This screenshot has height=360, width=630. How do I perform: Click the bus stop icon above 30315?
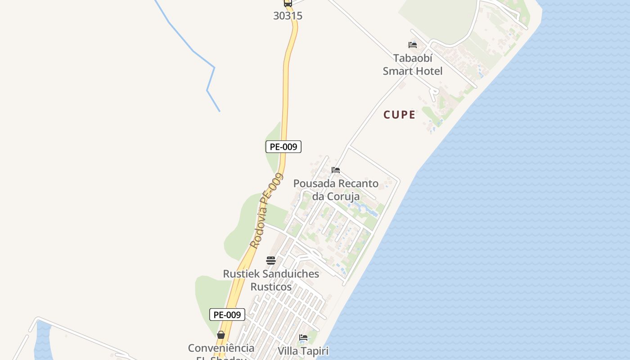point(288,3)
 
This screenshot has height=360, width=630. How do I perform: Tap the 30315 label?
point(288,16)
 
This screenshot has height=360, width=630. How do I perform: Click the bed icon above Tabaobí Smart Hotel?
point(412,45)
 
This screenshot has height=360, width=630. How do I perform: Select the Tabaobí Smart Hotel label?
point(413,64)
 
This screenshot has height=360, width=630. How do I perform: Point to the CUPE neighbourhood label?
point(399,115)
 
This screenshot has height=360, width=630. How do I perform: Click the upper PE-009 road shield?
point(283,147)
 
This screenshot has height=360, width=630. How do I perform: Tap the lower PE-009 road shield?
point(227,315)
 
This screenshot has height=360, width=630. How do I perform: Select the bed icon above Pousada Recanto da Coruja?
point(336,170)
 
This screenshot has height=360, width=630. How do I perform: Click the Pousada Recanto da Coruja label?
point(336,190)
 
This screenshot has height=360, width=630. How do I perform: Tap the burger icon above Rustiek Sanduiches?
point(270,260)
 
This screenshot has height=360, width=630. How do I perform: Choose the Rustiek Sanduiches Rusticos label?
point(271,280)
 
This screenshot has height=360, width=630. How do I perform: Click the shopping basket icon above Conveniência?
point(221,335)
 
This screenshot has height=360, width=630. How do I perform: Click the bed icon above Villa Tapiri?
point(303,337)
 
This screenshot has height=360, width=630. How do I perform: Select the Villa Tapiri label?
point(303,351)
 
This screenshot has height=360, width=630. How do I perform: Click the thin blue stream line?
point(193,51)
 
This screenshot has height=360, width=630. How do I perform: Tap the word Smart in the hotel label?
point(397,71)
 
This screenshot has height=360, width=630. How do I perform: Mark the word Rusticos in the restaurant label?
point(271,287)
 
